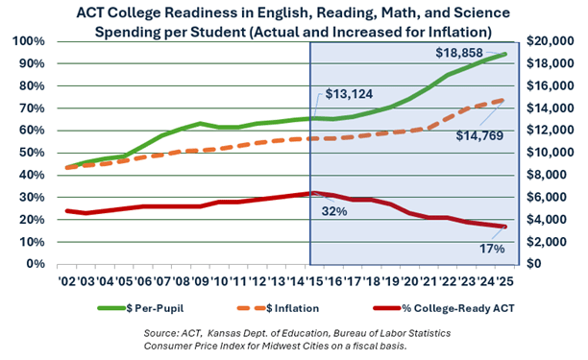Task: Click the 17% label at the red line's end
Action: [x=489, y=249]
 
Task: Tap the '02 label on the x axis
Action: [x=69, y=281]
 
